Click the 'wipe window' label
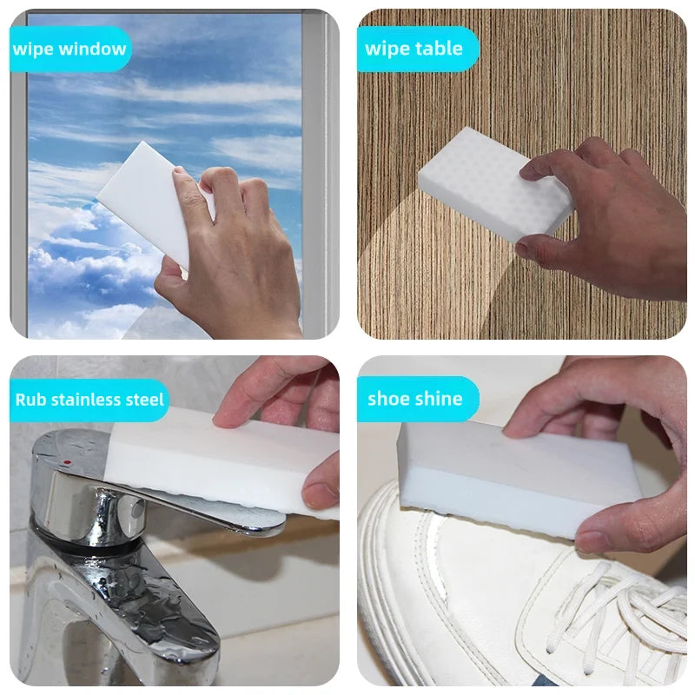click(69, 49)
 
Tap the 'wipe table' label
click(414, 49)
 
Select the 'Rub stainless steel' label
click(89, 400)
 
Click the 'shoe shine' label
click(415, 399)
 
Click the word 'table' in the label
click(438, 49)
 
